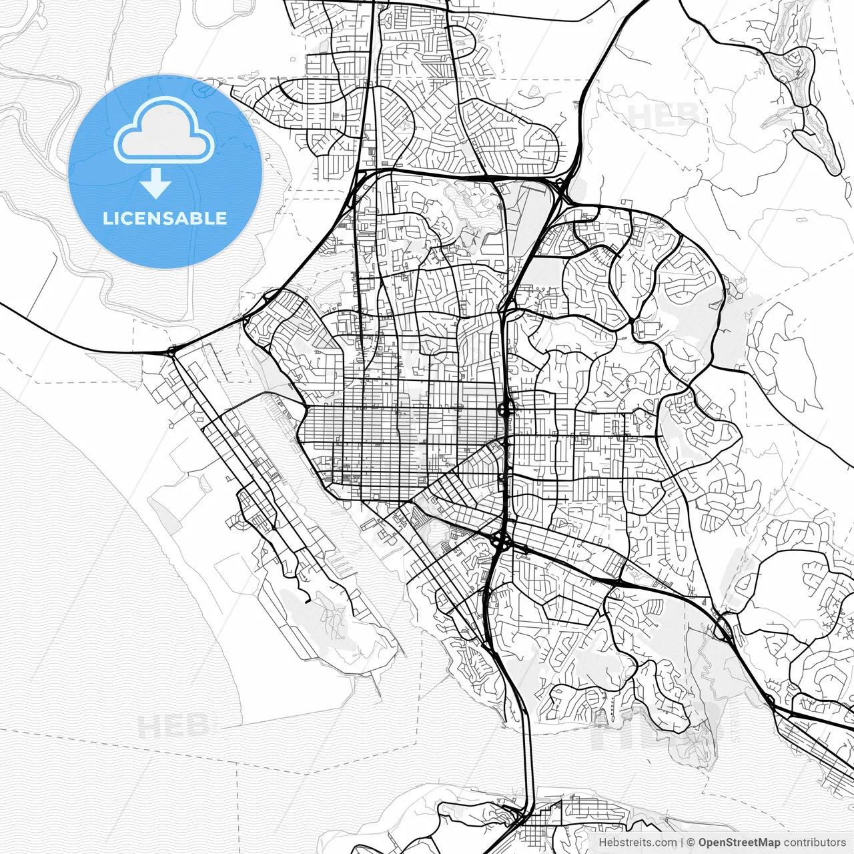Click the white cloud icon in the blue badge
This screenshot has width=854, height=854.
(x=164, y=131)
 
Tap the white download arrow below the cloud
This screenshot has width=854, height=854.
(x=156, y=183)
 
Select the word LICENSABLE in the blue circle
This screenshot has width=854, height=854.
(x=164, y=219)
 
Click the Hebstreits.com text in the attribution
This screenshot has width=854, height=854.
(x=637, y=843)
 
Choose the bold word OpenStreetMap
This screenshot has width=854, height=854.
(x=739, y=843)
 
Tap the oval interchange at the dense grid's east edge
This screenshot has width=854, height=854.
(x=506, y=408)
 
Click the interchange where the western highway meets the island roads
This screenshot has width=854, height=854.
(x=172, y=350)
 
